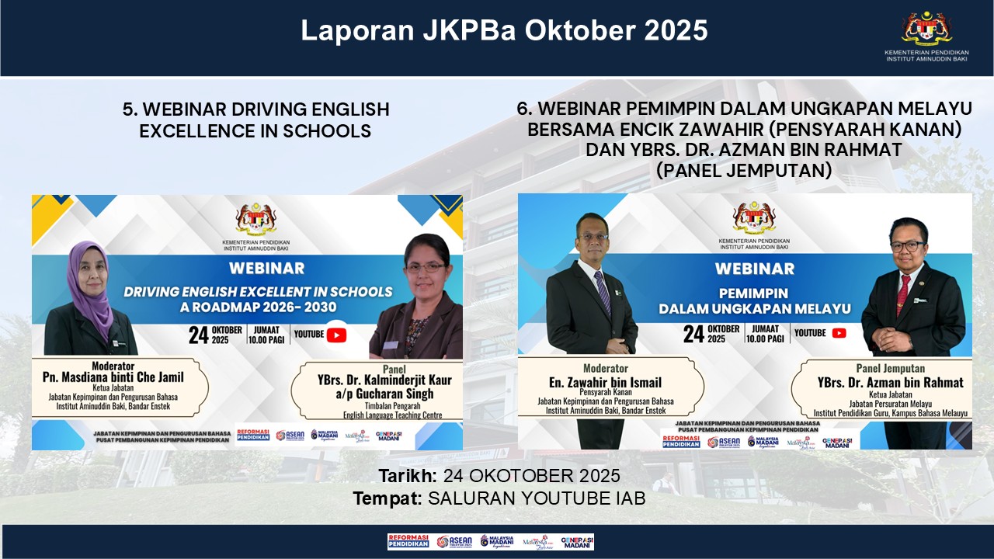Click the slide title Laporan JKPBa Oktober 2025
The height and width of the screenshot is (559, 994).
(504, 31)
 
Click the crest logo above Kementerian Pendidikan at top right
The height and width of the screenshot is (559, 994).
(926, 29)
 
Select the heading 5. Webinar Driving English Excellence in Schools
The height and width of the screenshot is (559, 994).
(255, 120)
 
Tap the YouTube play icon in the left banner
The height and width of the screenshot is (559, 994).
(336, 335)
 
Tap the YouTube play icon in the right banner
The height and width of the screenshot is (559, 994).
(839, 333)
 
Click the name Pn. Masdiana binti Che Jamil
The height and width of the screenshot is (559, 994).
(113, 377)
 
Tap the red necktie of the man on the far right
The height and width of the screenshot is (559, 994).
(903, 293)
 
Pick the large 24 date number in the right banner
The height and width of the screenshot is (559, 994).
(693, 333)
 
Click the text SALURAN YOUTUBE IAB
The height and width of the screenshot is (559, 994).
(537, 498)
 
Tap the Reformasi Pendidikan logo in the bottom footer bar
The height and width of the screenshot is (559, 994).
(408, 541)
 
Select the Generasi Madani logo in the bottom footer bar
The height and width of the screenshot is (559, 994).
(577, 541)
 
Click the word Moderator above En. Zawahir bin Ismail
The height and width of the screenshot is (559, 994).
(606, 368)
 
